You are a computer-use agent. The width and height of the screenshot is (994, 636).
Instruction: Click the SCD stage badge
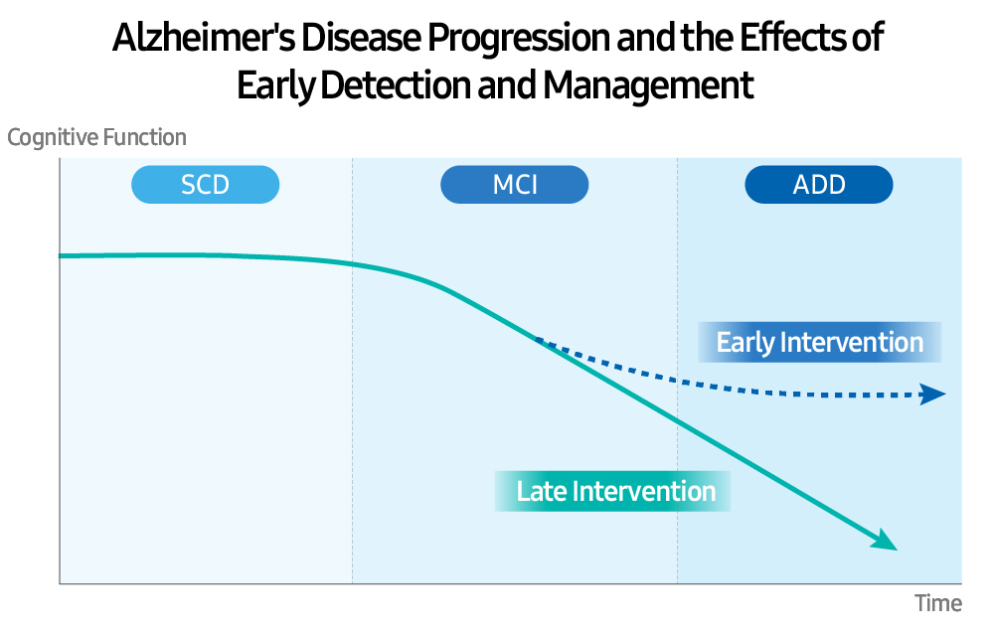click(x=205, y=185)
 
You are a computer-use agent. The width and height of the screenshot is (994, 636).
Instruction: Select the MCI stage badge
click(x=515, y=185)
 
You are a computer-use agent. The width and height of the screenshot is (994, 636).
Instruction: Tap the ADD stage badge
click(x=819, y=185)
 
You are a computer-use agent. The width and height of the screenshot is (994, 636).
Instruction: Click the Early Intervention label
click(x=819, y=342)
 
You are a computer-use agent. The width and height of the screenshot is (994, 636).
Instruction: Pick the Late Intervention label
click(x=614, y=491)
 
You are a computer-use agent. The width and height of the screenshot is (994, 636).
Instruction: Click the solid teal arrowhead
click(x=886, y=543)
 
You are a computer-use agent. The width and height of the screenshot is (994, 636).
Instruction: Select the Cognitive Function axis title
click(x=96, y=137)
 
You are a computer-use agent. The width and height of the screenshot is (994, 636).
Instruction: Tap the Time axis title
click(x=937, y=603)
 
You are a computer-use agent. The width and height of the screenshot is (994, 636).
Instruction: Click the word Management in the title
click(x=648, y=85)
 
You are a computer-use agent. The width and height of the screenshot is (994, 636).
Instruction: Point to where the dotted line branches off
click(x=537, y=340)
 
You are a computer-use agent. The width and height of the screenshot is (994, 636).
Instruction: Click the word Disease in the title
click(x=351, y=39)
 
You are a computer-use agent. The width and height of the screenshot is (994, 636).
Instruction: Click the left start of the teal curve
click(x=63, y=255)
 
